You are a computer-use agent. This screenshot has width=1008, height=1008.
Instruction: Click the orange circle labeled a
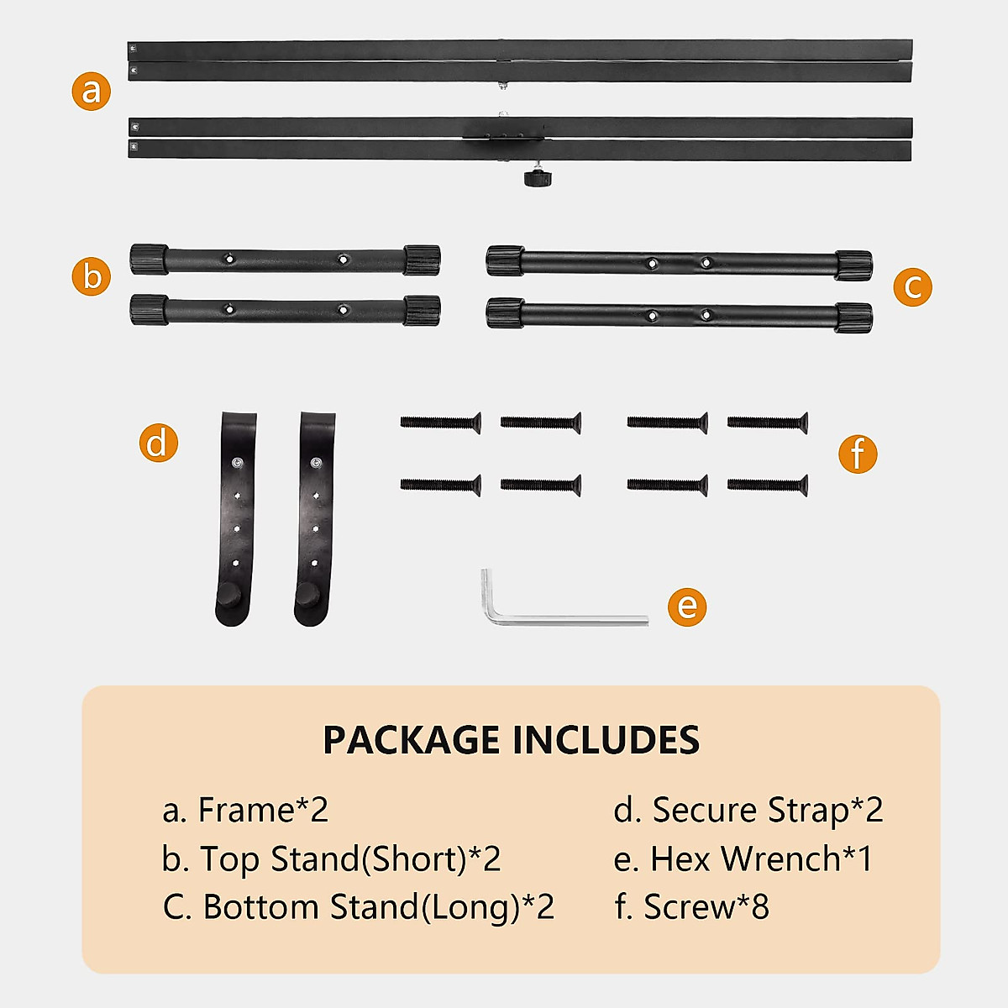91,90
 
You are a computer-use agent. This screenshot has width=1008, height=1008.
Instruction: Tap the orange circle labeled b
91,276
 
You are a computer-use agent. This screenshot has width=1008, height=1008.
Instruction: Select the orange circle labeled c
912,286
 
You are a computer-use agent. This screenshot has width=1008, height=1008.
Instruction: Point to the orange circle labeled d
158,442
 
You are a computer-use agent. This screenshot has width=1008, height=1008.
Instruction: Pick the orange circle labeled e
687,606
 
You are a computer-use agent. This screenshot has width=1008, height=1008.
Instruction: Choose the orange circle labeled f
857,454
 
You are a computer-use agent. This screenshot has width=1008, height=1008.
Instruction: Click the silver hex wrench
554,614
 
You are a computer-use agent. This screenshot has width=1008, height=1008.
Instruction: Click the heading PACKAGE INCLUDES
511,740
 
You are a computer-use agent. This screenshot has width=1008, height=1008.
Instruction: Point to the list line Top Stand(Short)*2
332,858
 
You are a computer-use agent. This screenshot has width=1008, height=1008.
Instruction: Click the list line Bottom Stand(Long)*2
359,907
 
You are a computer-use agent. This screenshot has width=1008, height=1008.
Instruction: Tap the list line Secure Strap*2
748,810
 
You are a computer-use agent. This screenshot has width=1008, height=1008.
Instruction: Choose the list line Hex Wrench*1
743,858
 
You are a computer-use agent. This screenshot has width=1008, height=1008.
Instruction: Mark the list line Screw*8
691,907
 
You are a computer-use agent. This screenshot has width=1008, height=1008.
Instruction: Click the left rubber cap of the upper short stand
149,259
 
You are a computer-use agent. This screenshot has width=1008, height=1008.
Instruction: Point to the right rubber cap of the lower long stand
853,318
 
